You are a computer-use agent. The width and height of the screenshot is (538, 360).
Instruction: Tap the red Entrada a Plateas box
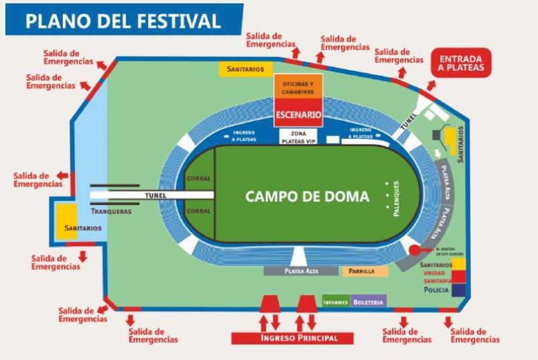pos(461,62)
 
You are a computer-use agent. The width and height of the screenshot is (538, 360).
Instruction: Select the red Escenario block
pos(299,115)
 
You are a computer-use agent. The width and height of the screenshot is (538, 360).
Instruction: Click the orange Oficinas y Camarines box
pos(299,87)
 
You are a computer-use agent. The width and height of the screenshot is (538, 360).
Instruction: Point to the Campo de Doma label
pos(307,196)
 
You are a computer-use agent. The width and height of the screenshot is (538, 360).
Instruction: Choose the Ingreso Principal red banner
pos(293,338)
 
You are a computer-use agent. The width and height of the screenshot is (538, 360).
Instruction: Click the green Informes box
pos(336,302)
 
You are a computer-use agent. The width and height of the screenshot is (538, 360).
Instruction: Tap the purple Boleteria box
pos(368,302)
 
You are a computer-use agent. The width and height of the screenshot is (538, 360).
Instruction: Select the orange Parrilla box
pos(365,272)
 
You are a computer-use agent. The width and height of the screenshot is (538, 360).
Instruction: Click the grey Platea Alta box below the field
pos(301,272)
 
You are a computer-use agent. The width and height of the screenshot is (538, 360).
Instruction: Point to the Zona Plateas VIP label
pos(297,137)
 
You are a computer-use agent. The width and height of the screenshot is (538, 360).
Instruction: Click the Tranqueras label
pos(111,212)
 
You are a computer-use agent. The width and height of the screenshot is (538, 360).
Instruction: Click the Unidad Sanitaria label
pos(437,277)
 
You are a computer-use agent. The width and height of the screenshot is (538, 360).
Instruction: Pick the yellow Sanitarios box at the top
pos(245,68)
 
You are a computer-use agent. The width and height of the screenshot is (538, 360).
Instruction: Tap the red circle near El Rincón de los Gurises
pos(415,250)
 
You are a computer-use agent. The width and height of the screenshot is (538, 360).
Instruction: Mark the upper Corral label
pos(200,179)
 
